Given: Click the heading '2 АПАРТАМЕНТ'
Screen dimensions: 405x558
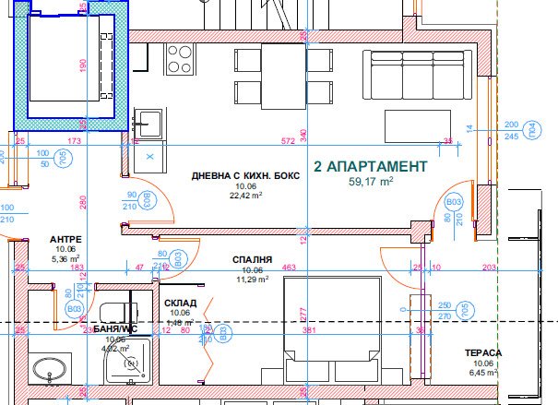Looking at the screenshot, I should point(371,167).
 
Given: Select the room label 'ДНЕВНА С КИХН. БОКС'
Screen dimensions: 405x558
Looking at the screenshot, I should point(244,176).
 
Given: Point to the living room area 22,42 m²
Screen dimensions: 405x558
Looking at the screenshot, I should point(244,195).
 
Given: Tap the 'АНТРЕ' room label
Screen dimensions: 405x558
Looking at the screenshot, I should point(65,239).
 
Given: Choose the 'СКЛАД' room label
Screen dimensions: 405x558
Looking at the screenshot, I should point(179,303).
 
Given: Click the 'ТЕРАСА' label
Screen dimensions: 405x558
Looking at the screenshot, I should point(484,352).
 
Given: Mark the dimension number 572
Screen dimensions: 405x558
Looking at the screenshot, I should point(288,141).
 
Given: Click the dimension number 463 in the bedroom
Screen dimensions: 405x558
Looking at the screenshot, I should point(289,268).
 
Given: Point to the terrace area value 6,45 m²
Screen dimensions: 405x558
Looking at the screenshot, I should point(484,373).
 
